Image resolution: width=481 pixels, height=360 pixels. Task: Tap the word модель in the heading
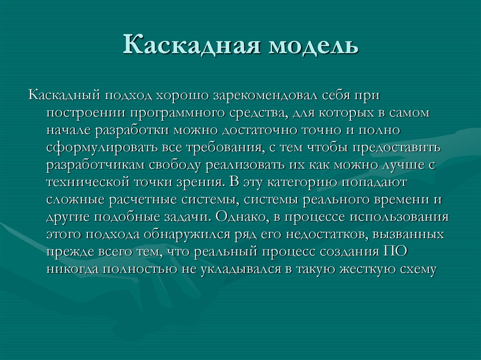tap(312, 46)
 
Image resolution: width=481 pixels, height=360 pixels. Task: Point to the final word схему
tap(418, 269)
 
